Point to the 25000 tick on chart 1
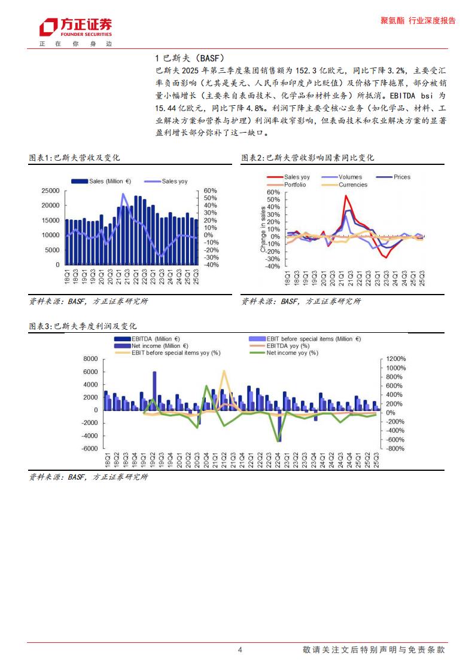(51, 191)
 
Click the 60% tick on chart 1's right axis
(210, 191)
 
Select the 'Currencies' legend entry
(353, 185)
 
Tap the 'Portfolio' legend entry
(295, 185)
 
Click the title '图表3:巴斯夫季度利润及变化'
(83, 326)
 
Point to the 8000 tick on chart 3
(90, 359)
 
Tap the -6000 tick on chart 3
(89, 449)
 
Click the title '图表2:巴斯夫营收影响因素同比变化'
(307, 158)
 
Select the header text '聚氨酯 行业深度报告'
(418, 20)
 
